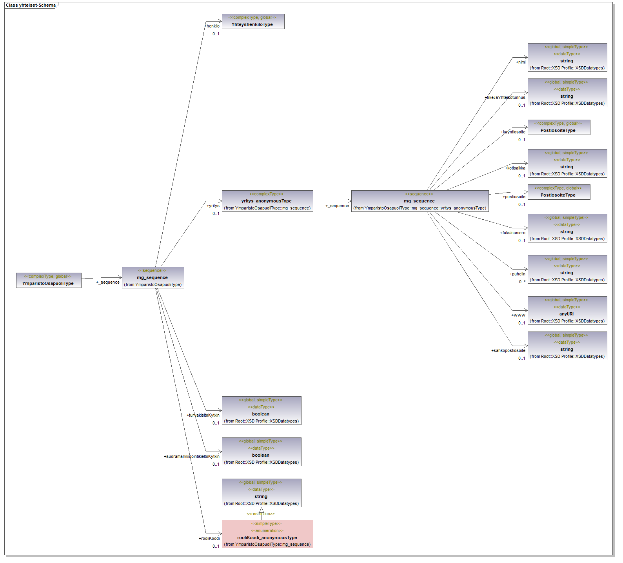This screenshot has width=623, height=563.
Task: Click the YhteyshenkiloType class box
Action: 253,21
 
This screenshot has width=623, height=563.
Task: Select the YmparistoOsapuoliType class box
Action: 49,280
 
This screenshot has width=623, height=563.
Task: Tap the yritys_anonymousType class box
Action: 267,201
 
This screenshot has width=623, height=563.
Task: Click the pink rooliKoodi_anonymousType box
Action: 267,534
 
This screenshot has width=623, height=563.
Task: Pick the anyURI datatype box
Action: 567,310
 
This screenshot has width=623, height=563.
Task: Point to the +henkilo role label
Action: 212,26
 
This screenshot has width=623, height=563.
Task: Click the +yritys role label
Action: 213,206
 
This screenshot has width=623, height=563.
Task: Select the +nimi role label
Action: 521,62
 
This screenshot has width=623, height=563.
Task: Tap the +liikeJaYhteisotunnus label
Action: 505,97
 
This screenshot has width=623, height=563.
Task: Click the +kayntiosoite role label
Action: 513,132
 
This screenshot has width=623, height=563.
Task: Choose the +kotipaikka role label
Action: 515,168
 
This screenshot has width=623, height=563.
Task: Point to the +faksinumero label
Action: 512,233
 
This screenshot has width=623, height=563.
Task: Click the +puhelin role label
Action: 518,274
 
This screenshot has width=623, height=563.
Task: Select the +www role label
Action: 518,315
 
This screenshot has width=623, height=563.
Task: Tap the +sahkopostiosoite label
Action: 508,350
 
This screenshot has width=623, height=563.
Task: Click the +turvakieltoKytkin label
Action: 203,415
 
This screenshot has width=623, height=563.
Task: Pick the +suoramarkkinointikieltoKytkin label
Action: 192,456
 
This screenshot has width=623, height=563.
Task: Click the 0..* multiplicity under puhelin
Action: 522,282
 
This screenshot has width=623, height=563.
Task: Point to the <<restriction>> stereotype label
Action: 261,514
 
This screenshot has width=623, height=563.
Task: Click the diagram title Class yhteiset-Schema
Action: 31,5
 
